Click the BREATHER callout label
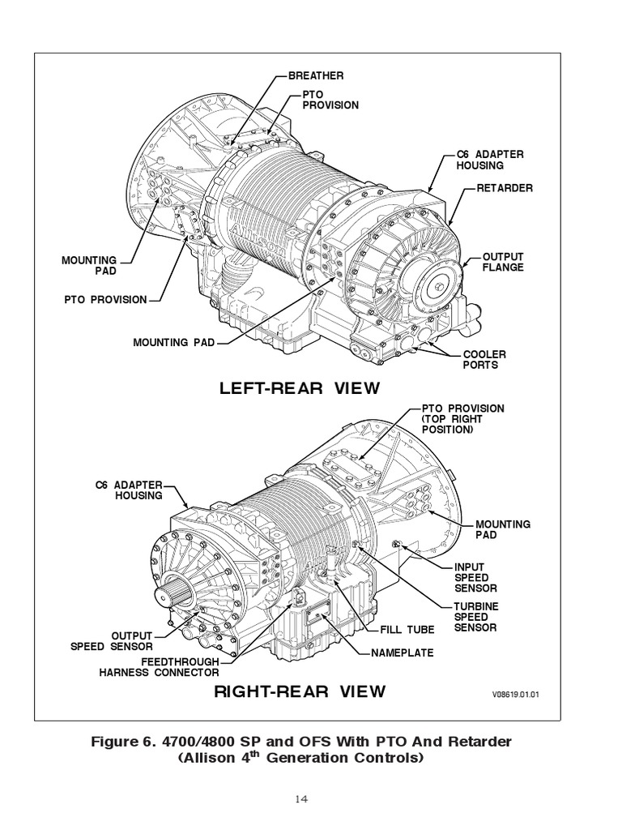(317, 75)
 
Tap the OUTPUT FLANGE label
(503, 262)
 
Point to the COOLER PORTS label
(484, 360)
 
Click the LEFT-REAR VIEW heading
(300, 388)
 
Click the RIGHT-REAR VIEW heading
(300, 691)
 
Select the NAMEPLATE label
(403, 652)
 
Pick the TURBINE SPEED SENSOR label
(475, 617)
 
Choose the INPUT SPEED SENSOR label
(475, 577)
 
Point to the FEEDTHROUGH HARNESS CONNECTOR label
(159, 667)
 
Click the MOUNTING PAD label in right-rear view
(503, 529)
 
